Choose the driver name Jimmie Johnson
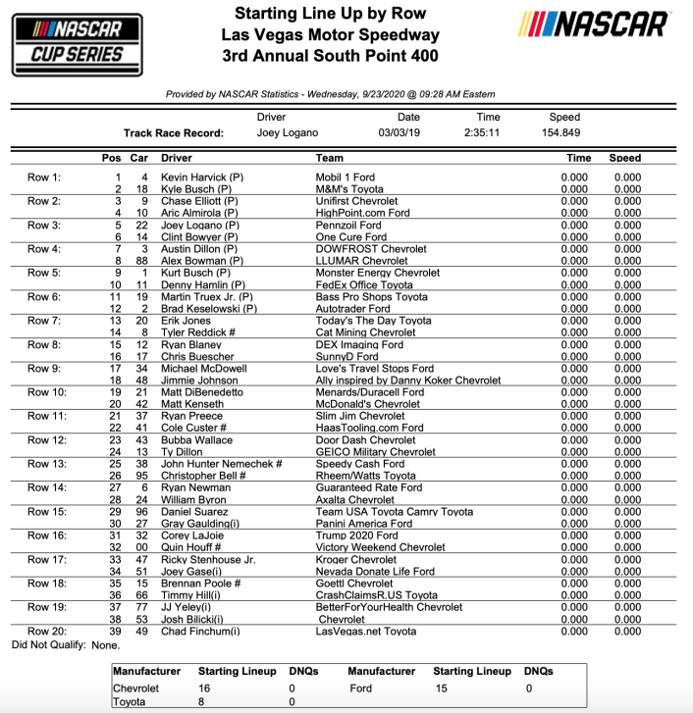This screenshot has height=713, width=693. [199, 381]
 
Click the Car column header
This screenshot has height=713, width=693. [139, 158]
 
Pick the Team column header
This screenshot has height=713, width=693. [330, 158]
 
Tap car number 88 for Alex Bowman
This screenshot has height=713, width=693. [140, 261]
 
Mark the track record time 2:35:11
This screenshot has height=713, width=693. [482, 133]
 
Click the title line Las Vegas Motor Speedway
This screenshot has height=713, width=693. [330, 35]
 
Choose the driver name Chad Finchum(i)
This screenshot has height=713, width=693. [200, 632]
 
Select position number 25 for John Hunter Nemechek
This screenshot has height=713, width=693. [114, 464]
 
